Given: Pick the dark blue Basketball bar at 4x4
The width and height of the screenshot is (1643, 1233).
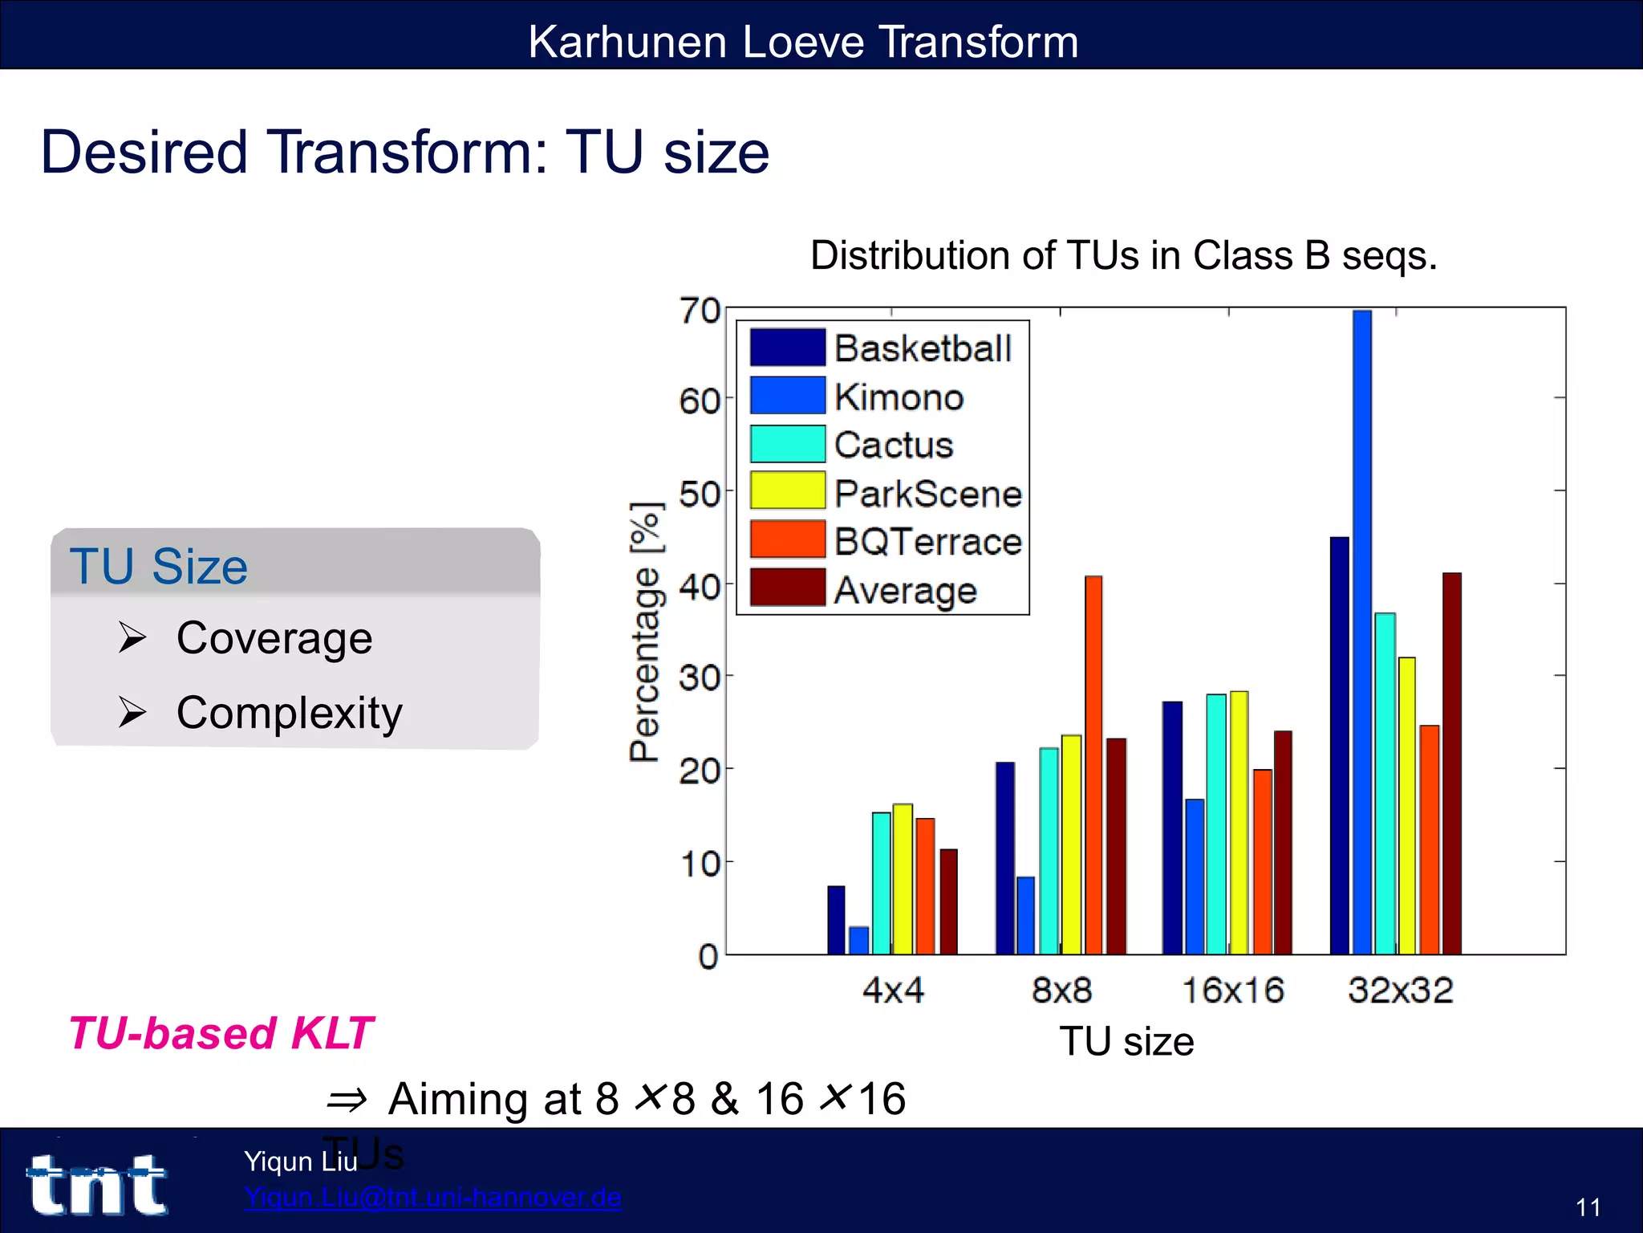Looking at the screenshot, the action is [x=836, y=922].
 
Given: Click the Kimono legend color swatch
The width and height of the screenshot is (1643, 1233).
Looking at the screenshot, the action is [x=787, y=396].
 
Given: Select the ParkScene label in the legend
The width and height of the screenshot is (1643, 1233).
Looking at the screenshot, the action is [x=928, y=494].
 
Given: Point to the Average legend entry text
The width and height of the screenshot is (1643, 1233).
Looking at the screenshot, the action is [x=905, y=591].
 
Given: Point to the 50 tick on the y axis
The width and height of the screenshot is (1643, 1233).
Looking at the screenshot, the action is [x=700, y=494].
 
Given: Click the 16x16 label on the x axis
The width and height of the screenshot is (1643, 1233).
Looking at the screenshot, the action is [x=1233, y=991].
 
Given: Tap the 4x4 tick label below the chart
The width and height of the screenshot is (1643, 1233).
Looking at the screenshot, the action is [x=893, y=991].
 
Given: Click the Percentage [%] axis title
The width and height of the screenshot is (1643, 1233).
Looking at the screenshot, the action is [x=647, y=633].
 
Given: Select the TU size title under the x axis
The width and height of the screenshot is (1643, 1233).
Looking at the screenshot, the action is [x=1126, y=1042].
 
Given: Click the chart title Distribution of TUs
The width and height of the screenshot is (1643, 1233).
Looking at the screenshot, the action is [x=1123, y=256].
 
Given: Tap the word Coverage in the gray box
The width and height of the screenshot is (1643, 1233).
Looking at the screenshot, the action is [x=274, y=638].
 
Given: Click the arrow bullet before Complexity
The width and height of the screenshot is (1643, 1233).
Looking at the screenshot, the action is [x=132, y=712].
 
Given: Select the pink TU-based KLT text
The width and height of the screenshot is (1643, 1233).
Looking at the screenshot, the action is [x=221, y=1033].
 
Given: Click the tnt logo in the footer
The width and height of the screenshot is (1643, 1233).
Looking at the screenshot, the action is [x=98, y=1185].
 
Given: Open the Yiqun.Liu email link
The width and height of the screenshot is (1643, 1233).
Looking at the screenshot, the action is [x=432, y=1197].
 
